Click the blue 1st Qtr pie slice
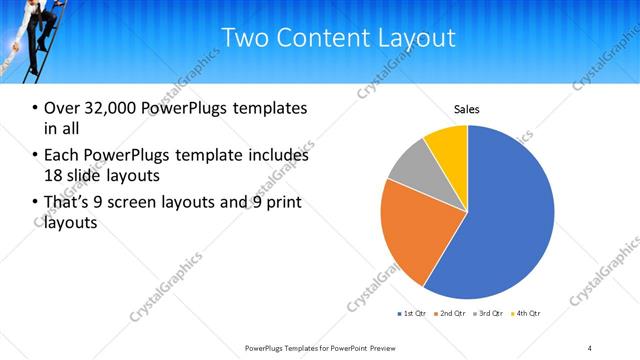point(500,220)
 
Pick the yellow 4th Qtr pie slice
point(448,145)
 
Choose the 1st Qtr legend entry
point(413,314)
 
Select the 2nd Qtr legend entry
point(453,314)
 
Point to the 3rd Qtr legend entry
point(491,314)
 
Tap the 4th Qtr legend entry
point(528,314)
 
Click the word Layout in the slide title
point(418,39)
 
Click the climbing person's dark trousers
point(40,40)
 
